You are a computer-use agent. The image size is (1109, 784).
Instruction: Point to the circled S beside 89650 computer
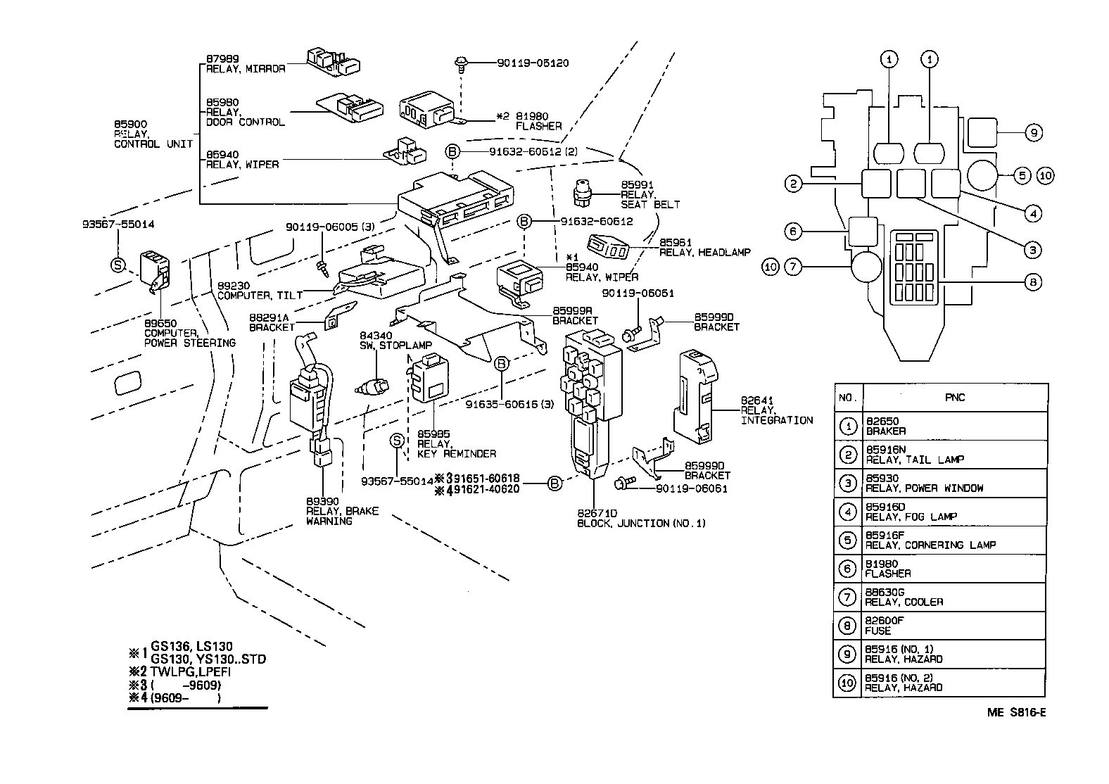coord(118,265)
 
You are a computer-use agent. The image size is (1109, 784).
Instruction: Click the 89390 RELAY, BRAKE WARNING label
coord(341,511)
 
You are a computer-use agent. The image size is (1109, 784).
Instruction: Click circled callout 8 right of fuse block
coord(1032,282)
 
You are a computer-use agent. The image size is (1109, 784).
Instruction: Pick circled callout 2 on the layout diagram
coord(793,184)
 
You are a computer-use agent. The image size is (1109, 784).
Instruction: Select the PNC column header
coord(955,398)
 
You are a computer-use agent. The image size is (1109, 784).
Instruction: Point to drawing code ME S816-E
coord(1016,712)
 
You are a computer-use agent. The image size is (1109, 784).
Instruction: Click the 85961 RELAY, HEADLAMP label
coord(704,247)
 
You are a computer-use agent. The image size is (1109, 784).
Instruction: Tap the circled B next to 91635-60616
coord(501,364)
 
